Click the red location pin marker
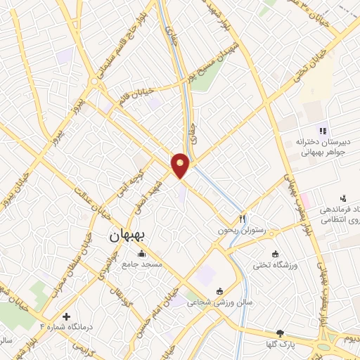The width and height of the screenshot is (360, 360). click(181, 165)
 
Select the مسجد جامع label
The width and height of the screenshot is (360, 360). click(142, 264)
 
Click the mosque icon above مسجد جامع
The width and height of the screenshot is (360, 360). click(142, 254)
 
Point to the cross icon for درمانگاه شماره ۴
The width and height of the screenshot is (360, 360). click(67, 317)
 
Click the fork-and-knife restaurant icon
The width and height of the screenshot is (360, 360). click(243, 218)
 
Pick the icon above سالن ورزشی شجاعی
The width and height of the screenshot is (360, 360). click(219, 291)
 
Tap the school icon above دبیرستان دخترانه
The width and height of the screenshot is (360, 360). click(322, 130)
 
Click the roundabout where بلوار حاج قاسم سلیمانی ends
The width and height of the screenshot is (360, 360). click(94, 82)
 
